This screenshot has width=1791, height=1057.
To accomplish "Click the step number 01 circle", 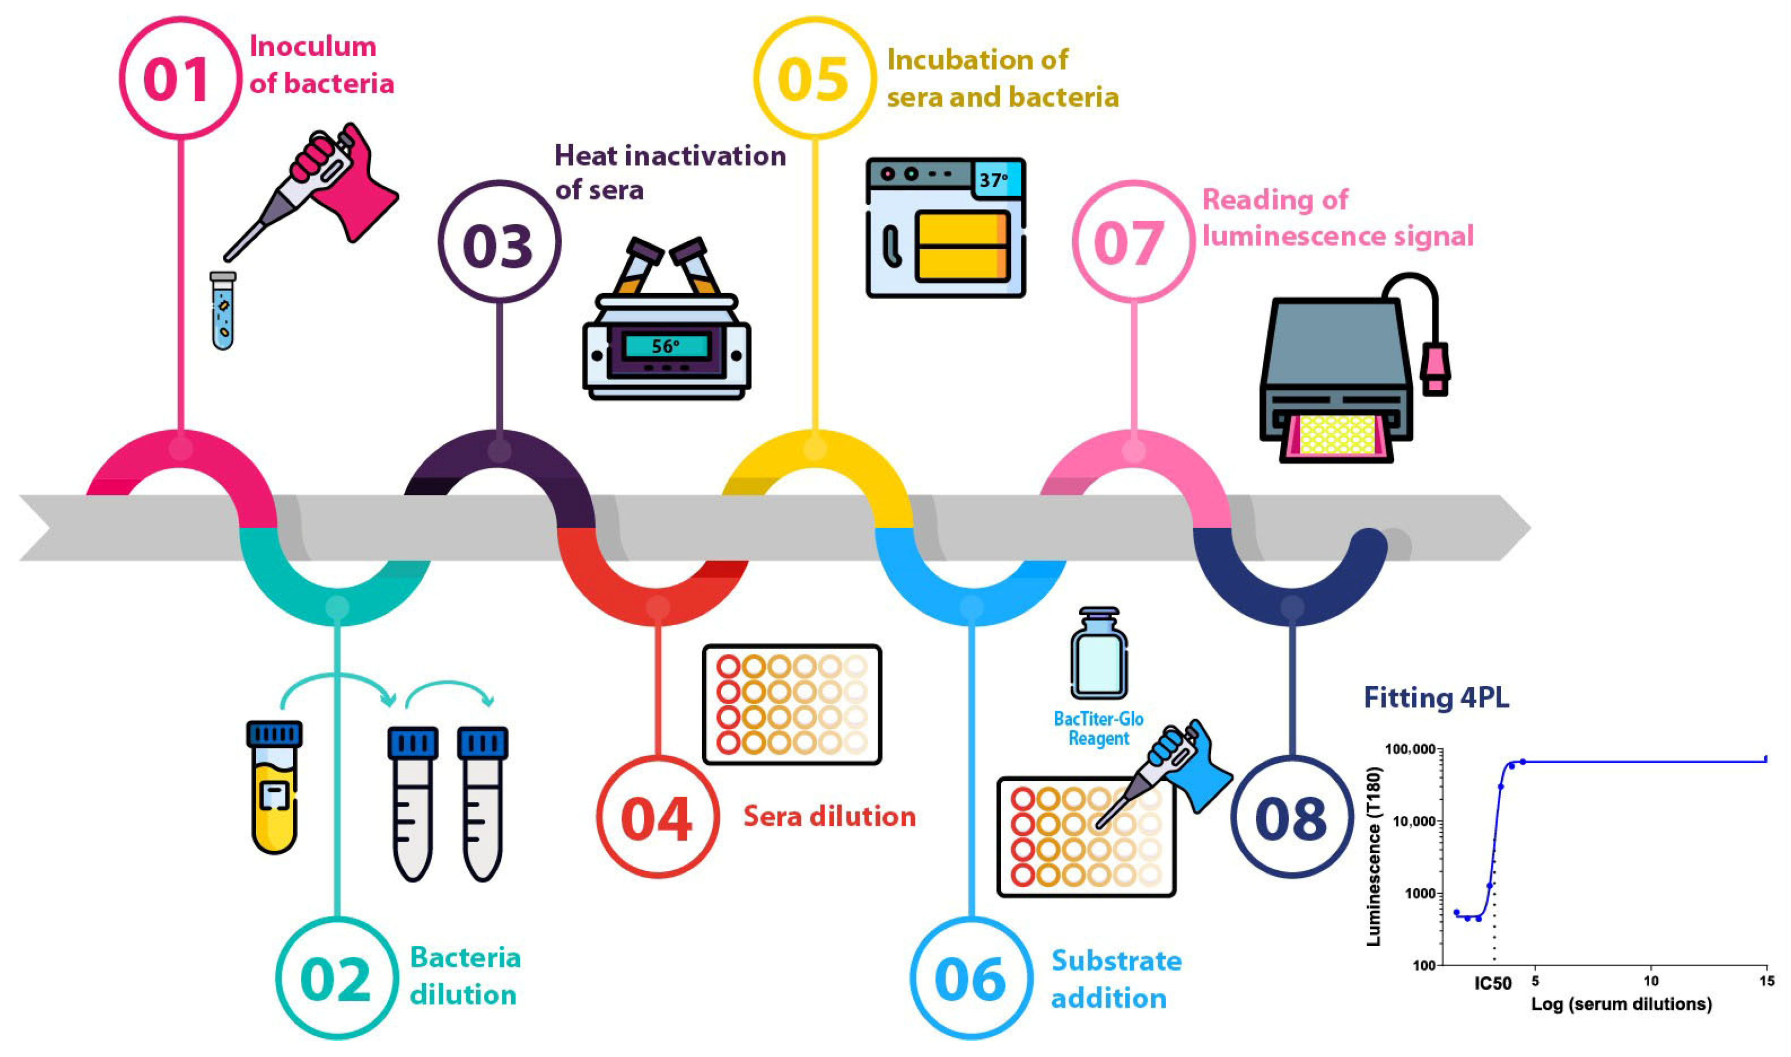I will pyautogui.click(x=180, y=78).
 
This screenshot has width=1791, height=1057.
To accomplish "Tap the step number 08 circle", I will pyautogui.click(x=1291, y=817).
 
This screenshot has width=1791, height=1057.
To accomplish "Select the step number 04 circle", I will pyautogui.click(x=656, y=817).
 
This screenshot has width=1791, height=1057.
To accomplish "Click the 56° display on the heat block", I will pyautogui.click(x=666, y=347).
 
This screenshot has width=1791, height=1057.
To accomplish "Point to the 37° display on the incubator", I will pyautogui.click(x=994, y=180).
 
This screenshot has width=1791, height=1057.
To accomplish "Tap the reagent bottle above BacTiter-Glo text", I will pyautogui.click(x=1099, y=654).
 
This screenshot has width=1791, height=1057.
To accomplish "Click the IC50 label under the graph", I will pyautogui.click(x=1492, y=984).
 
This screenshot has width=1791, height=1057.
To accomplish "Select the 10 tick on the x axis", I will pyautogui.click(x=1651, y=981).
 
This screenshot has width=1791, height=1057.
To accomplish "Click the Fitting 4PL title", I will pyautogui.click(x=1435, y=698).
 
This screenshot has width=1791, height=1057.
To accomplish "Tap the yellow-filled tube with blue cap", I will pyautogui.click(x=274, y=787).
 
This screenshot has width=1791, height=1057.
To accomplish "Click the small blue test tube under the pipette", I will pyautogui.click(x=223, y=311).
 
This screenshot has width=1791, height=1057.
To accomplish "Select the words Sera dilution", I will pyautogui.click(x=829, y=816).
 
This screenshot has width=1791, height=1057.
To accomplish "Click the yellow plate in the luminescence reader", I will pyautogui.click(x=1337, y=435).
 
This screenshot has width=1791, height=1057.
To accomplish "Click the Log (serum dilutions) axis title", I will pyautogui.click(x=1621, y=1004).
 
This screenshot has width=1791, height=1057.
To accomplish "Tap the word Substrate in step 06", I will pyautogui.click(x=1116, y=961).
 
